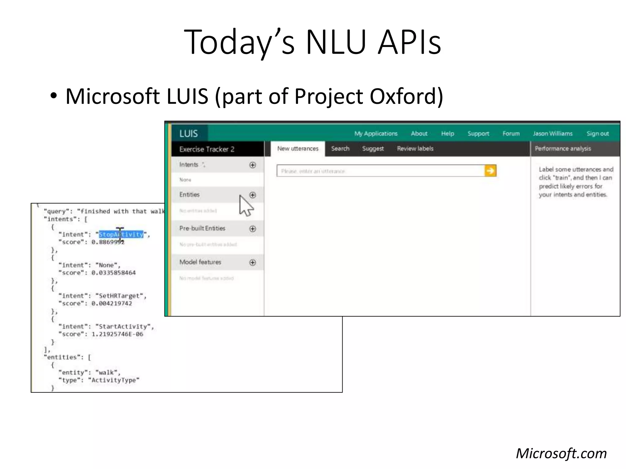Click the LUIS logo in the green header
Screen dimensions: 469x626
(188, 133)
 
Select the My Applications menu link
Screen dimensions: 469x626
(376, 133)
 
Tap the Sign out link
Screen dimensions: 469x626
(598, 133)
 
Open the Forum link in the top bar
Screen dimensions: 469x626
(511, 133)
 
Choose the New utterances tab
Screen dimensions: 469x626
(298, 149)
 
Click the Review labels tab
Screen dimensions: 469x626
(415, 149)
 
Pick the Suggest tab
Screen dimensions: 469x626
(373, 149)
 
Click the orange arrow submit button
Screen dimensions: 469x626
(490, 171)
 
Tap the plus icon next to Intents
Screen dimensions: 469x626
(252, 165)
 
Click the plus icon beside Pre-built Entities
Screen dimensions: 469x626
(252, 229)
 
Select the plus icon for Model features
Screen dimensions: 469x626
(252, 262)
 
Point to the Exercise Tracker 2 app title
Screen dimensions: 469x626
(207, 149)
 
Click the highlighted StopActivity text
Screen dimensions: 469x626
(121, 234)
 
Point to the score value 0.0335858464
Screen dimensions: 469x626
(113, 273)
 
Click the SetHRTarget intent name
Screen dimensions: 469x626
(121, 296)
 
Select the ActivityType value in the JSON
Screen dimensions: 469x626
(114, 380)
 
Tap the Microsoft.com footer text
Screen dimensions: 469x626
(561, 453)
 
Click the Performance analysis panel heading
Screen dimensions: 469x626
(563, 149)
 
